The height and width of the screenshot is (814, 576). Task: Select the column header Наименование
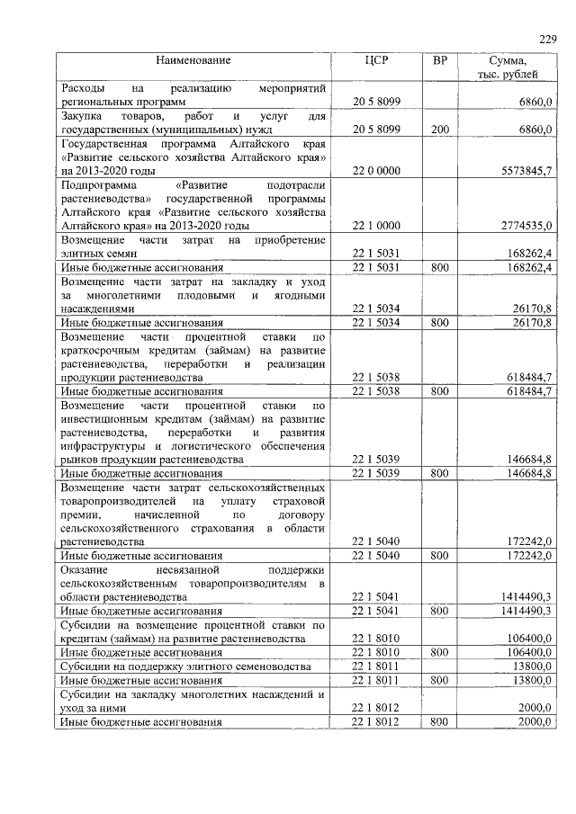(x=193, y=60)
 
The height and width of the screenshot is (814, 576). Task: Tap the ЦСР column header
(x=376, y=60)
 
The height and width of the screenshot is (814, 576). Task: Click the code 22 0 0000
(x=376, y=170)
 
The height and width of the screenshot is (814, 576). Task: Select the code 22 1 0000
(x=376, y=225)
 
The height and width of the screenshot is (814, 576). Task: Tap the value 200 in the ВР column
(x=440, y=130)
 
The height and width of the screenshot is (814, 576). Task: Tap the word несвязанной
(x=193, y=569)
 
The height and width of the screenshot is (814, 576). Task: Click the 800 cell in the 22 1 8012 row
(x=440, y=721)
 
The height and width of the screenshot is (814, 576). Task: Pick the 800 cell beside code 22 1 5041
(x=440, y=611)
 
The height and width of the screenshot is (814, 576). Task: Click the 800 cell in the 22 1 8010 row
(x=440, y=652)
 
